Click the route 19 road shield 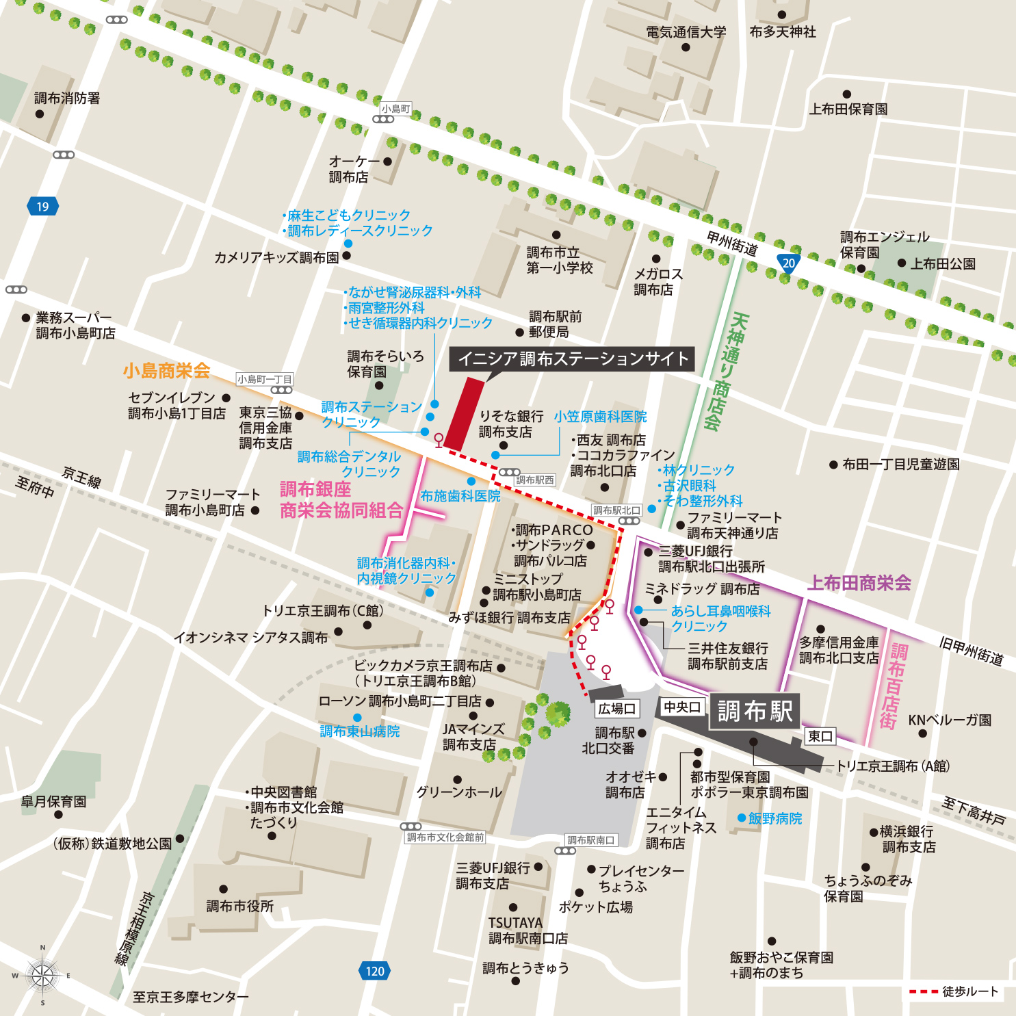[x=42, y=207]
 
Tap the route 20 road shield [x=788, y=263]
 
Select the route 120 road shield [x=374, y=971]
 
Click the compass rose [x=42, y=975]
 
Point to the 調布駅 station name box [x=754, y=712]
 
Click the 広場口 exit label [x=616, y=709]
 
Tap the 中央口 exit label [x=682, y=707]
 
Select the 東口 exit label [x=820, y=736]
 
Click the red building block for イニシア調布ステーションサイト [x=465, y=413]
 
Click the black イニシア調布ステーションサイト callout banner [x=571, y=359]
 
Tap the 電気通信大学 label [x=686, y=32]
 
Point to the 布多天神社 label [x=782, y=32]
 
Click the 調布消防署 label [x=67, y=99]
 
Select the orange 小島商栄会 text [x=166, y=371]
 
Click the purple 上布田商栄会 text [x=859, y=583]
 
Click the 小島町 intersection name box [x=396, y=109]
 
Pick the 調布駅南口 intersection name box [x=590, y=840]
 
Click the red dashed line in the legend [x=923, y=991]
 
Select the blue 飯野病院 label [x=774, y=818]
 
